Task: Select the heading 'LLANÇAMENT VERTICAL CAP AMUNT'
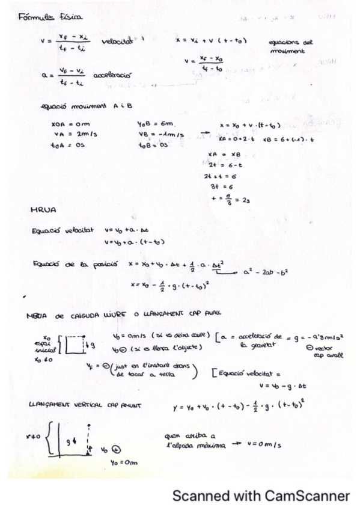click(x=84, y=405)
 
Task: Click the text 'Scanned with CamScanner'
click(x=261, y=496)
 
